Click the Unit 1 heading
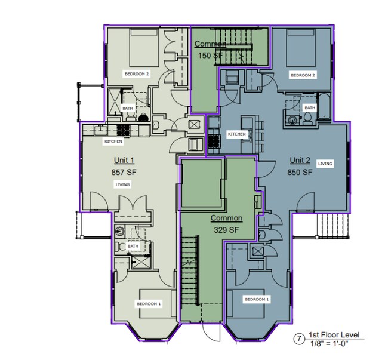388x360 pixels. (x=124, y=161)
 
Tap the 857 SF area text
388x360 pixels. (x=124, y=172)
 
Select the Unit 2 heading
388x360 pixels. (x=300, y=161)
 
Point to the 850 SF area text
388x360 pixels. (x=300, y=172)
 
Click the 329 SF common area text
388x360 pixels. (x=226, y=230)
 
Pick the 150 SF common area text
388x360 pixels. (x=210, y=55)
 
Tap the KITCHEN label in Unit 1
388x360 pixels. (x=113, y=141)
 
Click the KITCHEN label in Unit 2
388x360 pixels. (x=237, y=134)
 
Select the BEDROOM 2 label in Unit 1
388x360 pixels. (x=136, y=74)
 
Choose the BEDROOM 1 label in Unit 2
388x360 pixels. (x=257, y=299)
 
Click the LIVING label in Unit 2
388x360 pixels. (x=325, y=164)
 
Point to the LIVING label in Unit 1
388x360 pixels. (x=123, y=185)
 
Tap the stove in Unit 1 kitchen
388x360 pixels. (x=123, y=130)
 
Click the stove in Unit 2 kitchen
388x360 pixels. (x=214, y=141)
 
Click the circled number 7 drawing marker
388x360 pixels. (x=300, y=339)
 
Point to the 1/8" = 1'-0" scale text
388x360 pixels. (x=330, y=343)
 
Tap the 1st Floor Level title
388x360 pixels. (x=334, y=335)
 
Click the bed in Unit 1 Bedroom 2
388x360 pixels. (x=144, y=48)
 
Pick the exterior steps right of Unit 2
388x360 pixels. (x=333, y=225)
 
